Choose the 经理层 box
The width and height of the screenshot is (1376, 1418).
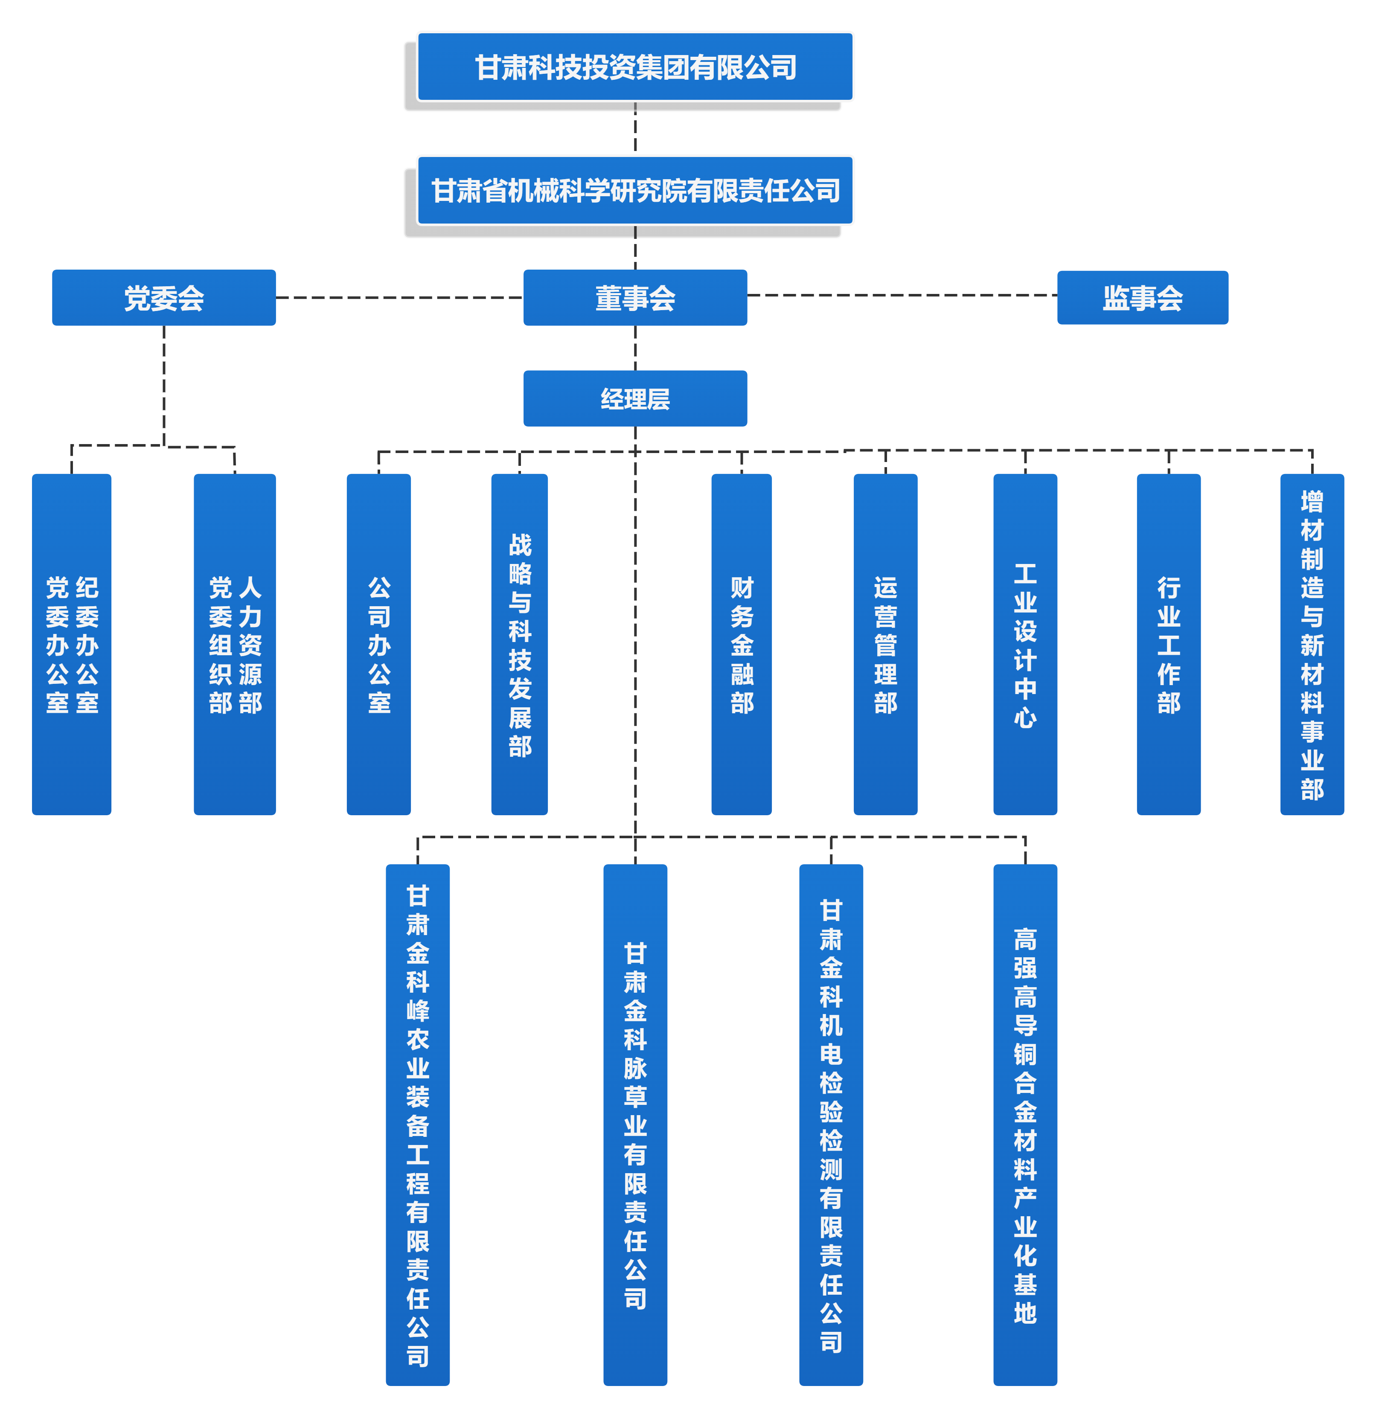[635, 398]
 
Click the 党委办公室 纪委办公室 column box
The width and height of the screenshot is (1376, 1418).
[72, 644]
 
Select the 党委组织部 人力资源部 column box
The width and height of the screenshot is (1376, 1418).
[234, 644]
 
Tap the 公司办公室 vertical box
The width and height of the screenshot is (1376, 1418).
[378, 644]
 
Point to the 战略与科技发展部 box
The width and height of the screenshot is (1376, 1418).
[519, 644]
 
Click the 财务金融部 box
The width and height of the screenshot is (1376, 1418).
[742, 644]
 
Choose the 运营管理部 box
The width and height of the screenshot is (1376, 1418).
[885, 644]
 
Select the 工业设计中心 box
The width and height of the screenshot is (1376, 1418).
[1025, 644]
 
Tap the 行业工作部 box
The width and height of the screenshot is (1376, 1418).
[1168, 644]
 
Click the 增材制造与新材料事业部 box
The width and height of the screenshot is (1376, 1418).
[1312, 644]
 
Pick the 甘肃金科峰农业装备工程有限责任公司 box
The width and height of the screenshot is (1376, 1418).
[417, 1125]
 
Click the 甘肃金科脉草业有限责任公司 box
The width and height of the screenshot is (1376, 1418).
[635, 1125]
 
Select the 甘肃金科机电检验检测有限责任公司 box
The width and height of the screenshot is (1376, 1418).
[831, 1125]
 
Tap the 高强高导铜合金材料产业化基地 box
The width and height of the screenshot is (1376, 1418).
[1025, 1125]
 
